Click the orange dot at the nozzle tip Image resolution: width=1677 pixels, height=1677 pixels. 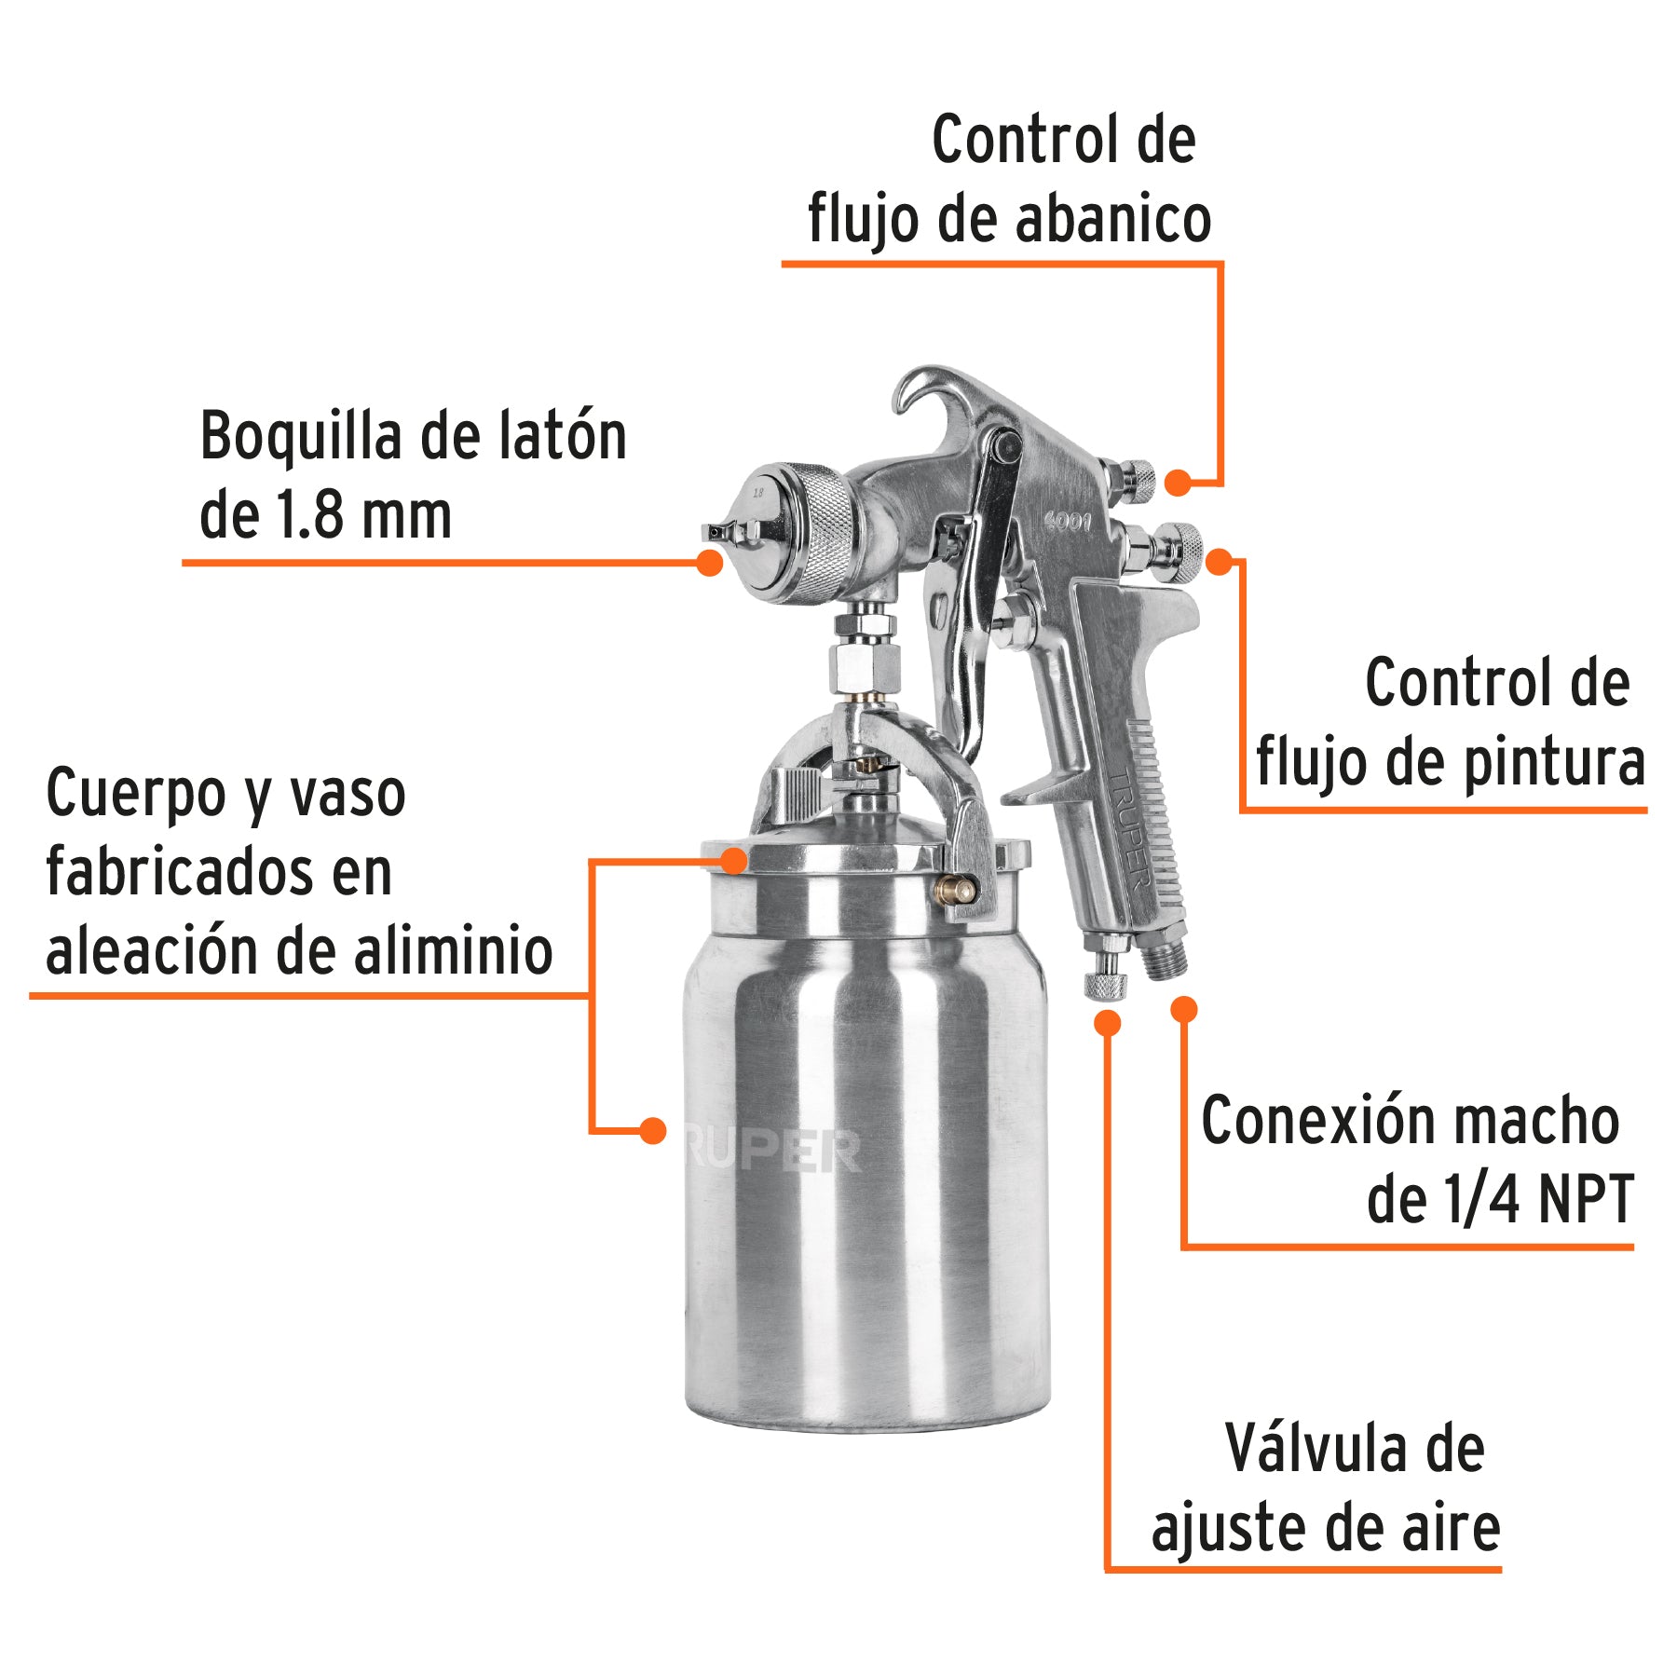(x=710, y=562)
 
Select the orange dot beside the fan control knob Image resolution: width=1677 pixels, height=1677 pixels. (x=1179, y=483)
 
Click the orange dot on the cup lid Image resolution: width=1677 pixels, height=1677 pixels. (x=734, y=860)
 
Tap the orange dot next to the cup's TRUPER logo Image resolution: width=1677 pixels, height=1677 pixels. (x=653, y=1131)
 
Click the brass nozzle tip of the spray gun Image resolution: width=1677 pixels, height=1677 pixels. (x=717, y=533)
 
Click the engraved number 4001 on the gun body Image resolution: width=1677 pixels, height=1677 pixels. (x=1068, y=522)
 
